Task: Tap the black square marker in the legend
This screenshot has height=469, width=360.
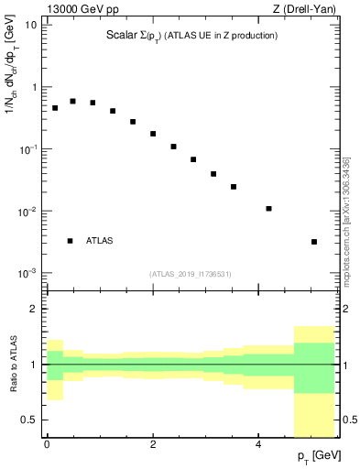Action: click(70, 241)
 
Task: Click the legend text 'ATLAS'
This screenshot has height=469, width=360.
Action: click(100, 241)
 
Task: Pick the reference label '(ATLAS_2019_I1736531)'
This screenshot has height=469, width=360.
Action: click(191, 273)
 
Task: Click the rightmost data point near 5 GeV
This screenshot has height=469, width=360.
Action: click(314, 242)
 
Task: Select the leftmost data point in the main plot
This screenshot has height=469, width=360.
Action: click(55, 108)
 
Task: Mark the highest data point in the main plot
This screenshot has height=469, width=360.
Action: click(72, 101)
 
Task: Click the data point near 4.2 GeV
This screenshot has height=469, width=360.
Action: click(268, 209)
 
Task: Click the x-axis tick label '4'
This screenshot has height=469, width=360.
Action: click(259, 444)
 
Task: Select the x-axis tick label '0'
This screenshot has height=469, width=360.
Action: click(47, 444)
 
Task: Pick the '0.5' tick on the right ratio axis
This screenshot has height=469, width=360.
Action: click(348, 420)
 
